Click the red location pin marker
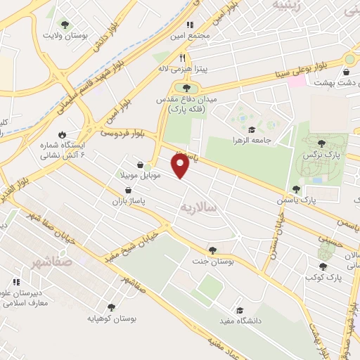pyautogui.click(x=181, y=166)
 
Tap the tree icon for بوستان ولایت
pyautogui.click(x=65, y=25)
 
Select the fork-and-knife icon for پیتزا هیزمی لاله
pyautogui.click(x=182, y=58)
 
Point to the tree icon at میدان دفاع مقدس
pyautogui.click(x=186, y=88)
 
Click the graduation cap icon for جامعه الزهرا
pyautogui.click(x=252, y=129)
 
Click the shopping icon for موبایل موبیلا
pyautogui.click(x=140, y=163)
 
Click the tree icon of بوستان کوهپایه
pyautogui.click(x=111, y=307)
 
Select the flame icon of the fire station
pyautogui.click(x=63, y=134)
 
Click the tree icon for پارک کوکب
pyautogui.click(x=323, y=266)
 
